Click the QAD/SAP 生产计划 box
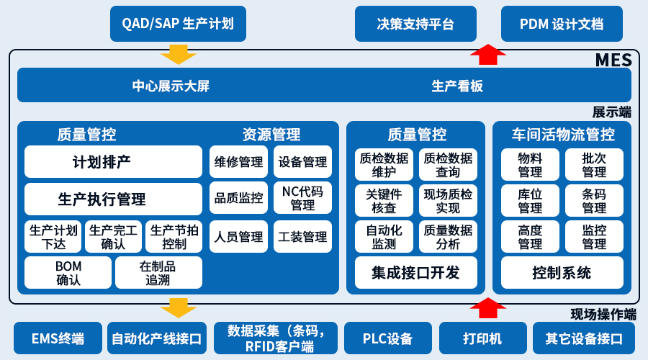click(x=178, y=24)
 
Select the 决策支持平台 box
click(x=415, y=24)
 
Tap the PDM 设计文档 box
click(x=562, y=24)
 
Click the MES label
click(x=613, y=60)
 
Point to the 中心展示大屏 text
click(x=171, y=86)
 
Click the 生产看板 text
click(x=457, y=86)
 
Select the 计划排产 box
click(x=113, y=161)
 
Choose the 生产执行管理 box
click(x=113, y=199)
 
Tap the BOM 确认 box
click(x=68, y=273)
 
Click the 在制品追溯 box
click(x=158, y=273)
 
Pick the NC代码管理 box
click(x=302, y=198)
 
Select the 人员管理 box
click(x=238, y=236)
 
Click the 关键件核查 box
click(x=384, y=200)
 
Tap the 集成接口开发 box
click(x=415, y=273)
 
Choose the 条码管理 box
click(x=594, y=200)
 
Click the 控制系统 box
click(x=562, y=273)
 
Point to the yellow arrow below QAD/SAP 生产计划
click(x=178, y=54)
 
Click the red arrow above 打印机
click(x=488, y=307)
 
